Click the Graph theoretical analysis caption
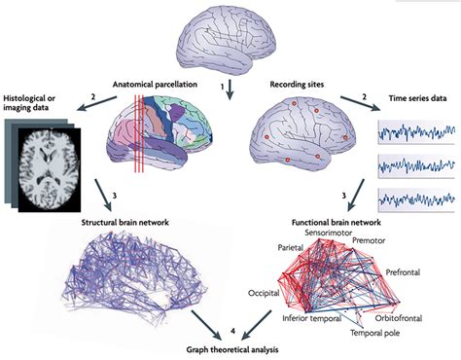pyautogui.click(x=230, y=347)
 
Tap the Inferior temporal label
pyautogui.click(x=313, y=317)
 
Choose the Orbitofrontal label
pyautogui.click(x=405, y=315)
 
